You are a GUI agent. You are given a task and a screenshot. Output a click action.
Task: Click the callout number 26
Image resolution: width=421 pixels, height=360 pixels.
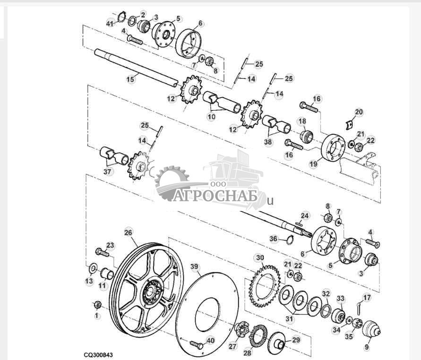coord(128,232)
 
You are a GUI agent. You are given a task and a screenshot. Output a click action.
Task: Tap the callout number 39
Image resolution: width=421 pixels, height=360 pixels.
coord(194,267)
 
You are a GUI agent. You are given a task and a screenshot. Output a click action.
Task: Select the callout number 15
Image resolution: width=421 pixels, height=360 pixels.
coord(130,79)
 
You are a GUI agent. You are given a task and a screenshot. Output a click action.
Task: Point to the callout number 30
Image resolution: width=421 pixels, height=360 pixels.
coord(259,258)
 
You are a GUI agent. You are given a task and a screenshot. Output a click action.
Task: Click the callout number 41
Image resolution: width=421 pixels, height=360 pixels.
coord(110,23)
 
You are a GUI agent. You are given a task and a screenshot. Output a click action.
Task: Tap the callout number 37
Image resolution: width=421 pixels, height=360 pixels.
coord(108,172)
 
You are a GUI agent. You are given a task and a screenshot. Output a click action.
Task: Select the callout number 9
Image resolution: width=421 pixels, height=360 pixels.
coord(367,346)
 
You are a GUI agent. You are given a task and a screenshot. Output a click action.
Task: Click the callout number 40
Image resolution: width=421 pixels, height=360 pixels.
coord(210,340)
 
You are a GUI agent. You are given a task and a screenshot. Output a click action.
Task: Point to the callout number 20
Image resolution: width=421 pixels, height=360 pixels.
coord(359,112)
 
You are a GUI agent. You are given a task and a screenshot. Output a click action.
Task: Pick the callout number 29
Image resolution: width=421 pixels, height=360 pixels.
coord(295,340)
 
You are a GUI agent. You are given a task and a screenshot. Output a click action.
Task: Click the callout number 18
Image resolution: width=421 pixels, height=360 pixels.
coord(302,122)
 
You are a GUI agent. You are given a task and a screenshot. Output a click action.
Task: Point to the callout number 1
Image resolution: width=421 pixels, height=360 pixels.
coord(97,315)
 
